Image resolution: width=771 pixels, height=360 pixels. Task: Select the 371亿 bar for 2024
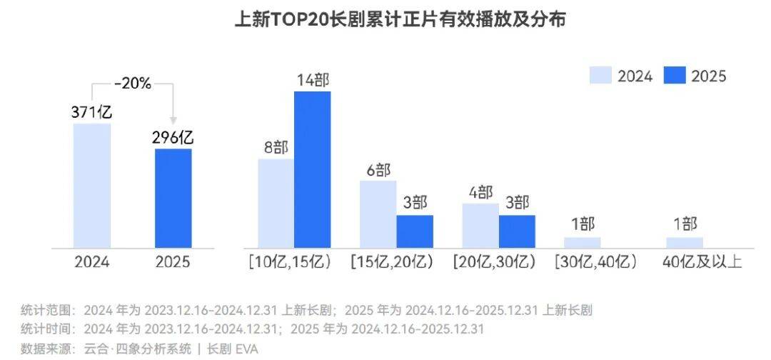pos(92,186)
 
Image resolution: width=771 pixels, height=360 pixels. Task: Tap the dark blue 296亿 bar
pos(173,198)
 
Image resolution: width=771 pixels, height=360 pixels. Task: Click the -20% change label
pos(133,84)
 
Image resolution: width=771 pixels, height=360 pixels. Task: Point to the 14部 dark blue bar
pos(312,169)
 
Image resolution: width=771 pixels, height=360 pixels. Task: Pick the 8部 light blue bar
pos(276,203)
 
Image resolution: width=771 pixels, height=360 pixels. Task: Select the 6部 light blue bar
pos(378,214)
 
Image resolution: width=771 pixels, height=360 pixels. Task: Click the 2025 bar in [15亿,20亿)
pos(415,231)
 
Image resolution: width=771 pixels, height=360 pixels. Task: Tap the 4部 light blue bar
pos(480,225)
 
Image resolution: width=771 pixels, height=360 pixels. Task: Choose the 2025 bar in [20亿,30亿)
pos(517,231)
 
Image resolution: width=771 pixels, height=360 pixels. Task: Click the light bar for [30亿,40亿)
pos(583,242)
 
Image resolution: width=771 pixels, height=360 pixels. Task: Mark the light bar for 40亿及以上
pos(685,242)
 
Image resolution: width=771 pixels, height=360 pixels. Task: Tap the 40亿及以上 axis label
pos(702,262)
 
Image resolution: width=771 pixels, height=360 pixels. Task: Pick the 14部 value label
pos(312,80)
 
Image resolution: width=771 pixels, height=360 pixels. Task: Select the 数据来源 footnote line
pos(139,349)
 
